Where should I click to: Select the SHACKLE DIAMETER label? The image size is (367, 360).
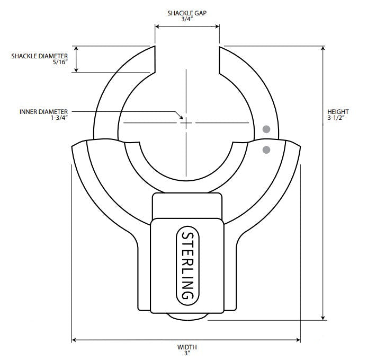[x=40, y=55]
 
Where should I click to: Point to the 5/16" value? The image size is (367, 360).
[x=60, y=62]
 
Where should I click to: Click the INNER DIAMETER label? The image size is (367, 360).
[x=44, y=112]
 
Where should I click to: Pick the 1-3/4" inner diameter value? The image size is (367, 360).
[x=59, y=118]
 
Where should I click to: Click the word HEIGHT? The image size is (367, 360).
[x=338, y=111]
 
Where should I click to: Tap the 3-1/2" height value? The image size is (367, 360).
[x=338, y=118]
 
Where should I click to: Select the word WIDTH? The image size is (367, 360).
[x=186, y=347]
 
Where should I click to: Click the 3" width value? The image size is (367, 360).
[x=186, y=354]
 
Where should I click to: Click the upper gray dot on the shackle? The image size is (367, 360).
[x=266, y=129]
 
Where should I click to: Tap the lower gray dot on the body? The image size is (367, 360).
[x=266, y=150]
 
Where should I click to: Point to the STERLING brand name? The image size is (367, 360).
[x=187, y=265]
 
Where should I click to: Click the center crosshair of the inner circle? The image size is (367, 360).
[x=186, y=122]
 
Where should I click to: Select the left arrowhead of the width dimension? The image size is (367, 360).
[x=75, y=340]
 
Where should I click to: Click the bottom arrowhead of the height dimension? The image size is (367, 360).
[x=324, y=318]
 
